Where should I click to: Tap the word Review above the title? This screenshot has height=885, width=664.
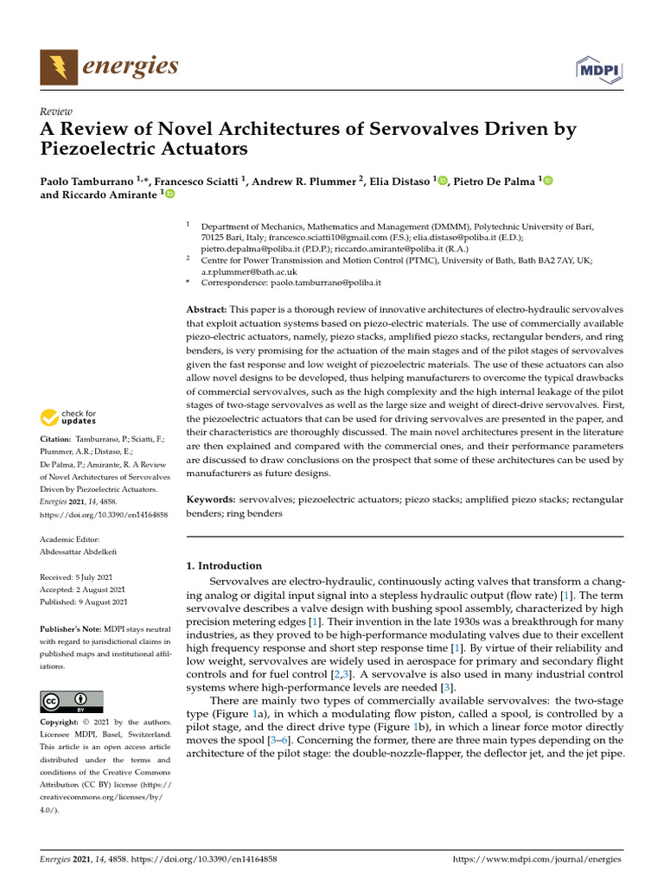56,111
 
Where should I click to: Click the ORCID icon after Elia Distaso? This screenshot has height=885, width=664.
444,181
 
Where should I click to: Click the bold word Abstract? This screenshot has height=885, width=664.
207,309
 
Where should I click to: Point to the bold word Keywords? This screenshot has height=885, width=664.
212,500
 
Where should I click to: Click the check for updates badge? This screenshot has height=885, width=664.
69,418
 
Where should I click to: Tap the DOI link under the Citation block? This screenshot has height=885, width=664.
104,514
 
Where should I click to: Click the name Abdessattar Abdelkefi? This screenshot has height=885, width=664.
83,551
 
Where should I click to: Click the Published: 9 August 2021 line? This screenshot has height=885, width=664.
84,602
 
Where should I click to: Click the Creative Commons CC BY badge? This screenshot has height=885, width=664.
72,701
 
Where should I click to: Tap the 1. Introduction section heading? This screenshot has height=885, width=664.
224,565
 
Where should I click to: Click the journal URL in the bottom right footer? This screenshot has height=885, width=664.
537,859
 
